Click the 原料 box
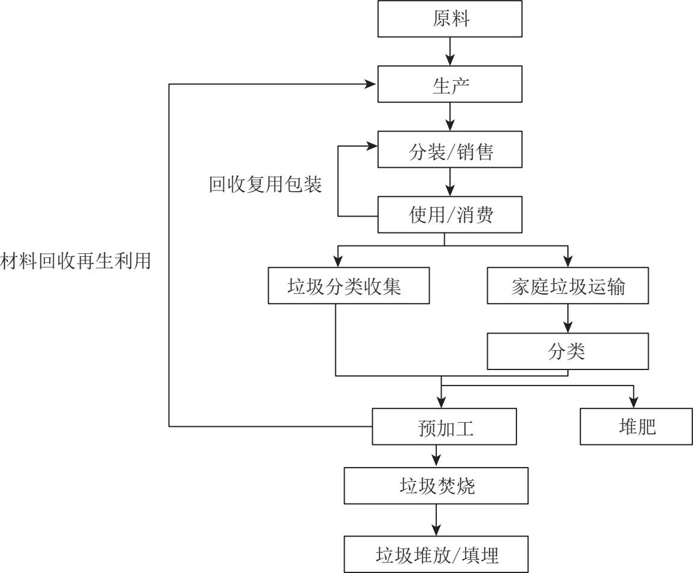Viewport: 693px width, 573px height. pos(450,19)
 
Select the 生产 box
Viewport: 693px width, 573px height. pos(450,85)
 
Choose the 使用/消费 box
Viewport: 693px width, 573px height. pos(450,216)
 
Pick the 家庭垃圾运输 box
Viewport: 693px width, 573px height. pos(567,287)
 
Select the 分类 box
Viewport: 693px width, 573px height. pos(567,351)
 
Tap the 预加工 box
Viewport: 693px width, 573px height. pos(444,427)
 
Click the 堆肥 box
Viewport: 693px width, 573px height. pos(636,427)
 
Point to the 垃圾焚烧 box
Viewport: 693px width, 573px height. pos(436,486)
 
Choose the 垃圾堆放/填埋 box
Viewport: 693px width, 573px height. pos(436,555)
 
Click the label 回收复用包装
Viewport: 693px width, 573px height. pos(265,185)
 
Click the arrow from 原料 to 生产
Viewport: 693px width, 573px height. pos(450,52)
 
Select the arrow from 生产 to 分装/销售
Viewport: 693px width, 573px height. pos(450,118)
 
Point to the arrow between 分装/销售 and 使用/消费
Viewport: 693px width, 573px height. pos(450,183)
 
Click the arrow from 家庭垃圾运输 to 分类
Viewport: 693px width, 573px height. pos(567,319)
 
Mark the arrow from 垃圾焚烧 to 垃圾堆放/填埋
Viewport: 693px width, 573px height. pos(436,520)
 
